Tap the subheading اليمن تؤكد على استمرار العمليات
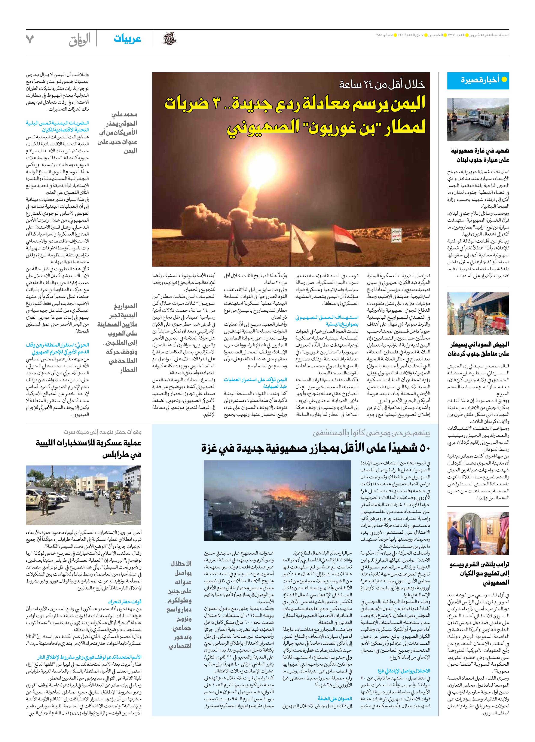click(256, 380)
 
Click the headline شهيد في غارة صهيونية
click(480, 151)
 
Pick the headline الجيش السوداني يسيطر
click(480, 344)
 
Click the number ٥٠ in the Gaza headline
click(424, 448)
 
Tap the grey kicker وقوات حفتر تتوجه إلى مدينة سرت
click(103, 432)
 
